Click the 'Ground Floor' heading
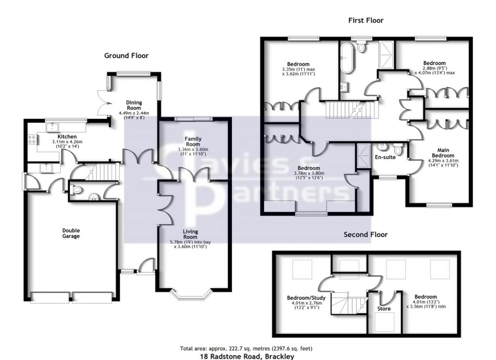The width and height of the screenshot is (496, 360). point(126,56)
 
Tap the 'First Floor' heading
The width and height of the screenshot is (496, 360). point(365,21)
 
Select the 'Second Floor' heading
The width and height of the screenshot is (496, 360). point(365,235)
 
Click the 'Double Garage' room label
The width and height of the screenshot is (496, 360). point(71,233)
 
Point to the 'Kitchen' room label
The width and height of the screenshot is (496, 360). point(67,137)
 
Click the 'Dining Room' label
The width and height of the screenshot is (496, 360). point(134,104)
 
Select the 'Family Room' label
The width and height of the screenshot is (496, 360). point(193,141)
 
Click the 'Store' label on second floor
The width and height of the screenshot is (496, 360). point(384,307)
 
